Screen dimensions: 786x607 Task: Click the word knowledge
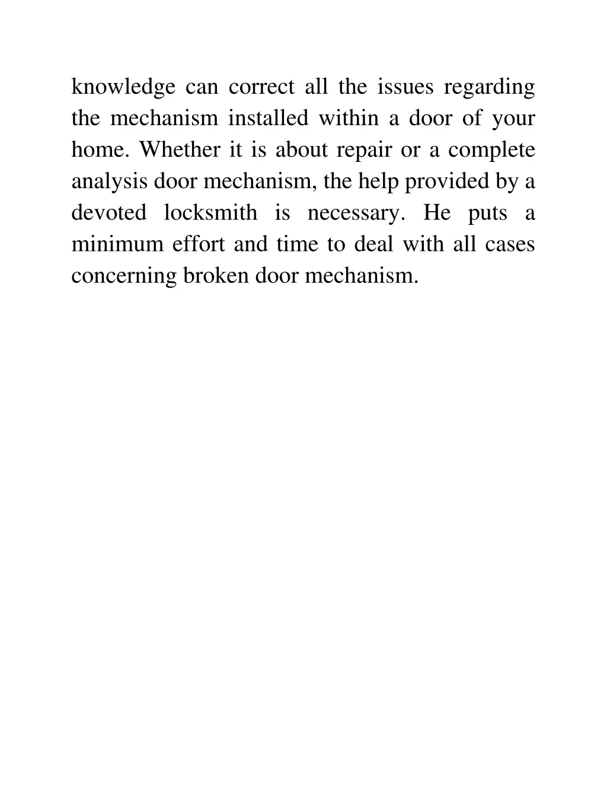coord(123,88)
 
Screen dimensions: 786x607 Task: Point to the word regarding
coord(490,88)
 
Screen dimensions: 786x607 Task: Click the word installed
coord(269,119)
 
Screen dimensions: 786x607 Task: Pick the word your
coord(513,119)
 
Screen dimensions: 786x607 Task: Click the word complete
coord(491,150)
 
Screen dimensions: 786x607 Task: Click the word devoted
coord(108,213)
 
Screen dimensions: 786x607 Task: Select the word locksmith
coord(210,213)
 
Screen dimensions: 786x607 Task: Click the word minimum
coord(117,244)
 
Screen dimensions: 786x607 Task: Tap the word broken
coord(216,276)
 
